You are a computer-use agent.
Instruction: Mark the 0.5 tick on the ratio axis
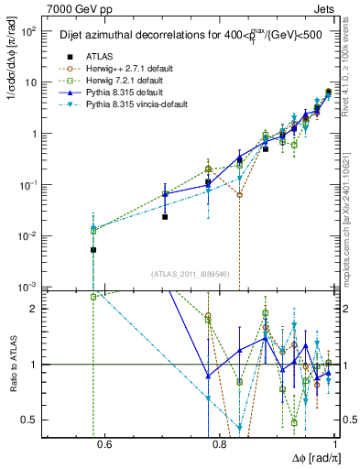point(35,420)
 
